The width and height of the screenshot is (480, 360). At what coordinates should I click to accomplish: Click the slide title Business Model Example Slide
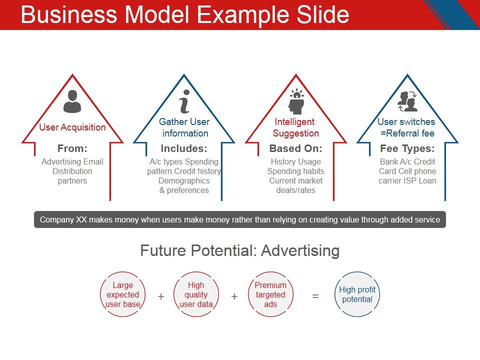click(x=185, y=15)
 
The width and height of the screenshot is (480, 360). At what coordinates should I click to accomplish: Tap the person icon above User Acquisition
click(x=72, y=101)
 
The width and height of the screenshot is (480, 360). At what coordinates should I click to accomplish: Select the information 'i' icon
click(x=184, y=101)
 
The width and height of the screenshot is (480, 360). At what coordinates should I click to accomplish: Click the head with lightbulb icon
click(x=296, y=101)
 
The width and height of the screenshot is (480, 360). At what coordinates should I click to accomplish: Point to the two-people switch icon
click(x=407, y=101)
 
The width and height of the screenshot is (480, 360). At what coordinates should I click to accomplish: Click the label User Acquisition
click(x=72, y=127)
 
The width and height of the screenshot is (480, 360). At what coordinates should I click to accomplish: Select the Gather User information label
click(x=184, y=127)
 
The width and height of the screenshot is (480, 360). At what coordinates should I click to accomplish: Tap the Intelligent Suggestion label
click(x=296, y=127)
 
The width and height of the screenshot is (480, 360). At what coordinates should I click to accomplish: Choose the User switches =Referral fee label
click(x=406, y=127)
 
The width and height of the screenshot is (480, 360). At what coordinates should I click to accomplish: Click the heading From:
click(x=72, y=148)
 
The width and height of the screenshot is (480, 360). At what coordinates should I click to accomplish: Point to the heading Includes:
click(x=184, y=148)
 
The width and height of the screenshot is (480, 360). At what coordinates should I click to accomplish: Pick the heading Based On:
click(x=296, y=148)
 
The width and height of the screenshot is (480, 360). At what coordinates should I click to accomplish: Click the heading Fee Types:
click(x=407, y=148)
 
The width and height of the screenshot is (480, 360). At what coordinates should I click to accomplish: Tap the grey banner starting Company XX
click(x=240, y=219)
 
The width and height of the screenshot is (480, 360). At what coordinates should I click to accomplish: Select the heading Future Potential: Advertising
click(x=240, y=250)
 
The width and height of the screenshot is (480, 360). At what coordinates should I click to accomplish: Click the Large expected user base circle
click(x=123, y=294)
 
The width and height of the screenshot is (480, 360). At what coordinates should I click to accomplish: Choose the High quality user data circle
click(x=196, y=294)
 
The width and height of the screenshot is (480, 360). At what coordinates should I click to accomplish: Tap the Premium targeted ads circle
click(x=270, y=294)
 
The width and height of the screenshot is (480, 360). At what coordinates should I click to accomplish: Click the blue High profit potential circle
click(x=357, y=294)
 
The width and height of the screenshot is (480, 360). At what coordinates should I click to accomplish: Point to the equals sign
click(x=315, y=296)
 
